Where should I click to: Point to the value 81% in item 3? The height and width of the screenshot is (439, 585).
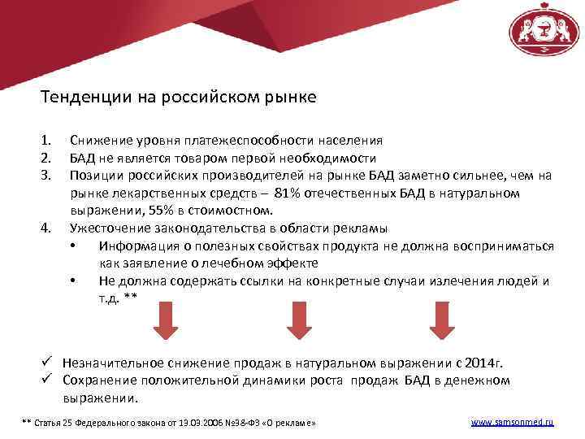tap(288, 193)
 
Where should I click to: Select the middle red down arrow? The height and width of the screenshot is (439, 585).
tap(300, 322)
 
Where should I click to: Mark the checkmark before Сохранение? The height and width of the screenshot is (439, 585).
tap(47, 380)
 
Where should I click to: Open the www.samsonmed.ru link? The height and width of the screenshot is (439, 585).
tap(512, 423)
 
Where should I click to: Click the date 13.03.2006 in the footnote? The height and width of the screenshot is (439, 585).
tap(188, 424)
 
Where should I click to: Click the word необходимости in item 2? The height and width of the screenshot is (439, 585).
tap(331, 158)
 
